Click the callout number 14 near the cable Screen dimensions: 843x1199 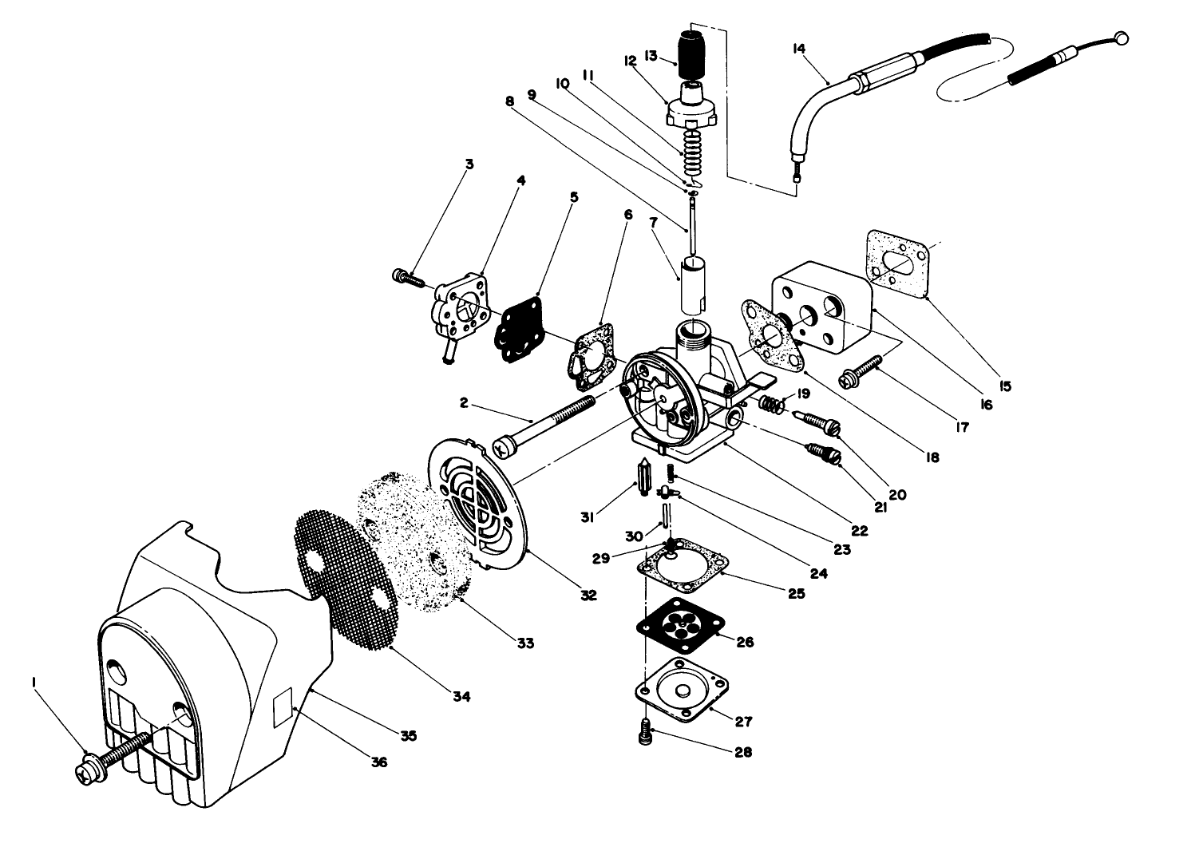[799, 49]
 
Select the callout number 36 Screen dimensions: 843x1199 [378, 762]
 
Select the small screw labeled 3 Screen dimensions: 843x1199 [408, 277]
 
